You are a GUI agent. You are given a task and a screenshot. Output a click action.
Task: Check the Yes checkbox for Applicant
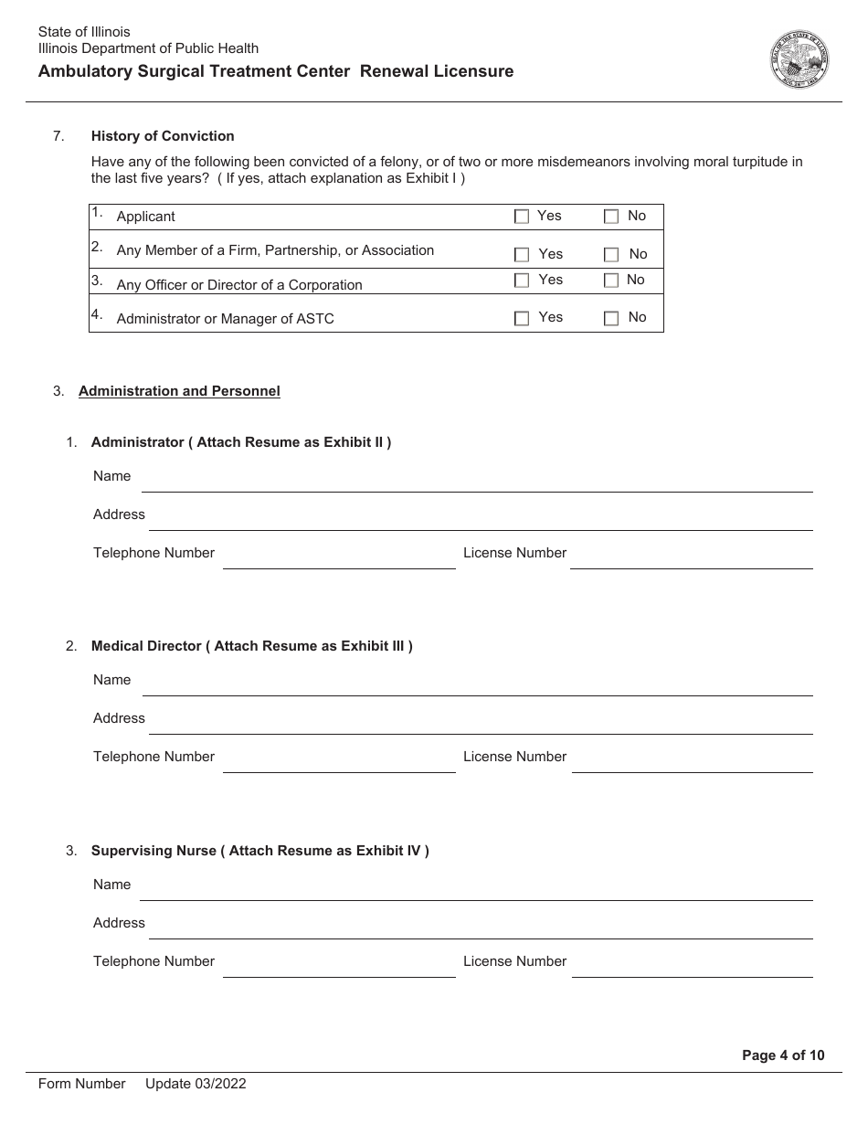tap(522, 217)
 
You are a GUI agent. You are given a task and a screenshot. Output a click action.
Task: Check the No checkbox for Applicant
tap(611, 217)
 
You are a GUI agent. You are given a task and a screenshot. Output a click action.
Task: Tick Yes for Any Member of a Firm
tap(522, 255)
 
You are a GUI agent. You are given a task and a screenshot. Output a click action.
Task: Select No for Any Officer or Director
tap(611, 281)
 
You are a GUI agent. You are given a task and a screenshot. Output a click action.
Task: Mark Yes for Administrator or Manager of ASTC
tap(522, 318)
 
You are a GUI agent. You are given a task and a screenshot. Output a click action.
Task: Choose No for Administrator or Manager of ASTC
tap(611, 318)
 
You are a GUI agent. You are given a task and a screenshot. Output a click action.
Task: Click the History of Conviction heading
tap(163, 136)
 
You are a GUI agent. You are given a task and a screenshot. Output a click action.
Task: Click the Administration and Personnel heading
tap(179, 391)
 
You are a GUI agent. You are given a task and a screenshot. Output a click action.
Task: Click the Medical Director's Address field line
tap(480, 725)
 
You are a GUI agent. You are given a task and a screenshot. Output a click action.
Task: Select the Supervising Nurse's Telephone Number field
tap(339, 968)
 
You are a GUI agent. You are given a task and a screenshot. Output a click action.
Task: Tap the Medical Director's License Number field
tap(692, 763)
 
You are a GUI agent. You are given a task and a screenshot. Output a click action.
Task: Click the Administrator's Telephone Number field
tap(339, 559)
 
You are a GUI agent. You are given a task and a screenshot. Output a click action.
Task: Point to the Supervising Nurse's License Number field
tap(692, 968)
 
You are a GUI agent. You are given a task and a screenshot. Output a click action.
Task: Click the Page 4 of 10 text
tap(783, 1055)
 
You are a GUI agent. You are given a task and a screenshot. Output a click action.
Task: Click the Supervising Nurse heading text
tap(259, 851)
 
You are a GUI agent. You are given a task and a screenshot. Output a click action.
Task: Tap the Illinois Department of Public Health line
tap(148, 48)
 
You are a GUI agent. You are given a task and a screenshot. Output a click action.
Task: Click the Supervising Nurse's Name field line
tap(475, 891)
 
